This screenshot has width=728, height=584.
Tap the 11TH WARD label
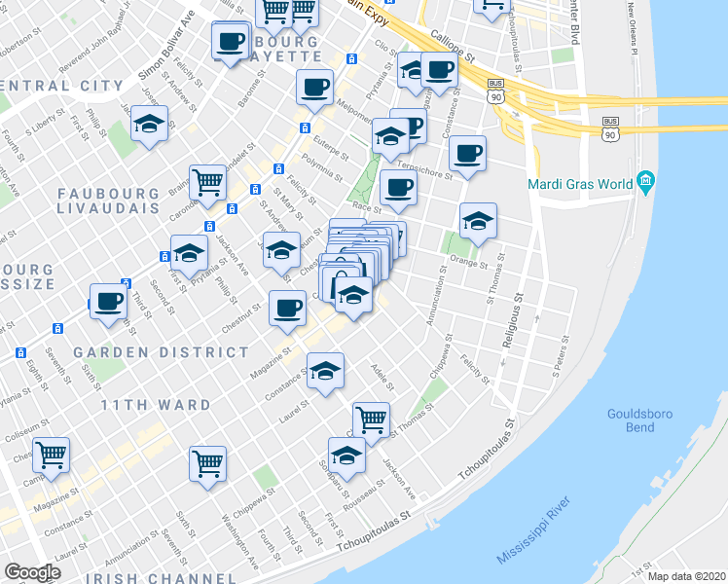pyautogui.click(x=157, y=404)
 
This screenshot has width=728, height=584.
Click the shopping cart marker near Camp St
pyautogui.click(x=52, y=454)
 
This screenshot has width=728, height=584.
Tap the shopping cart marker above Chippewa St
pyautogui.click(x=208, y=463)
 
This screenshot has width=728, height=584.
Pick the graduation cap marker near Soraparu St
pyautogui.click(x=346, y=455)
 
